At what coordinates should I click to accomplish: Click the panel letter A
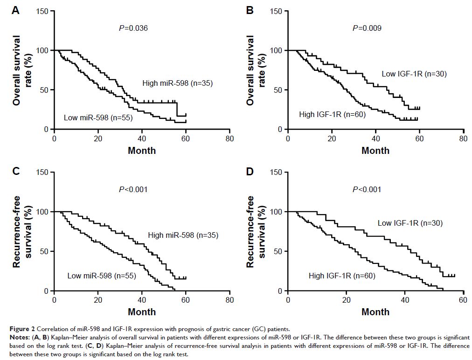15,10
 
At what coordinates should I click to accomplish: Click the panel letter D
250,171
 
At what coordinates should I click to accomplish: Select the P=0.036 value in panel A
133,28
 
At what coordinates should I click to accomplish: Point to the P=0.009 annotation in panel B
367,28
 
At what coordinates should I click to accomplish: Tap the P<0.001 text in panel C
133,189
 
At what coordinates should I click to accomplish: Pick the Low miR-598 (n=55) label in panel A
98,118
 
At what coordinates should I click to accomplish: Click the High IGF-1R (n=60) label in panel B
332,114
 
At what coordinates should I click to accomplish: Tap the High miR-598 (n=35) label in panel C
183,235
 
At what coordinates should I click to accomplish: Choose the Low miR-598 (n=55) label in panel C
101,276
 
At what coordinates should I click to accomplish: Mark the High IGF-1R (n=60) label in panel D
342,276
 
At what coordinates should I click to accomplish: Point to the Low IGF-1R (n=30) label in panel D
410,223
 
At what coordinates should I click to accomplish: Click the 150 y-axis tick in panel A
43,11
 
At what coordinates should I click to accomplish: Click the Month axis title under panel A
142,151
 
